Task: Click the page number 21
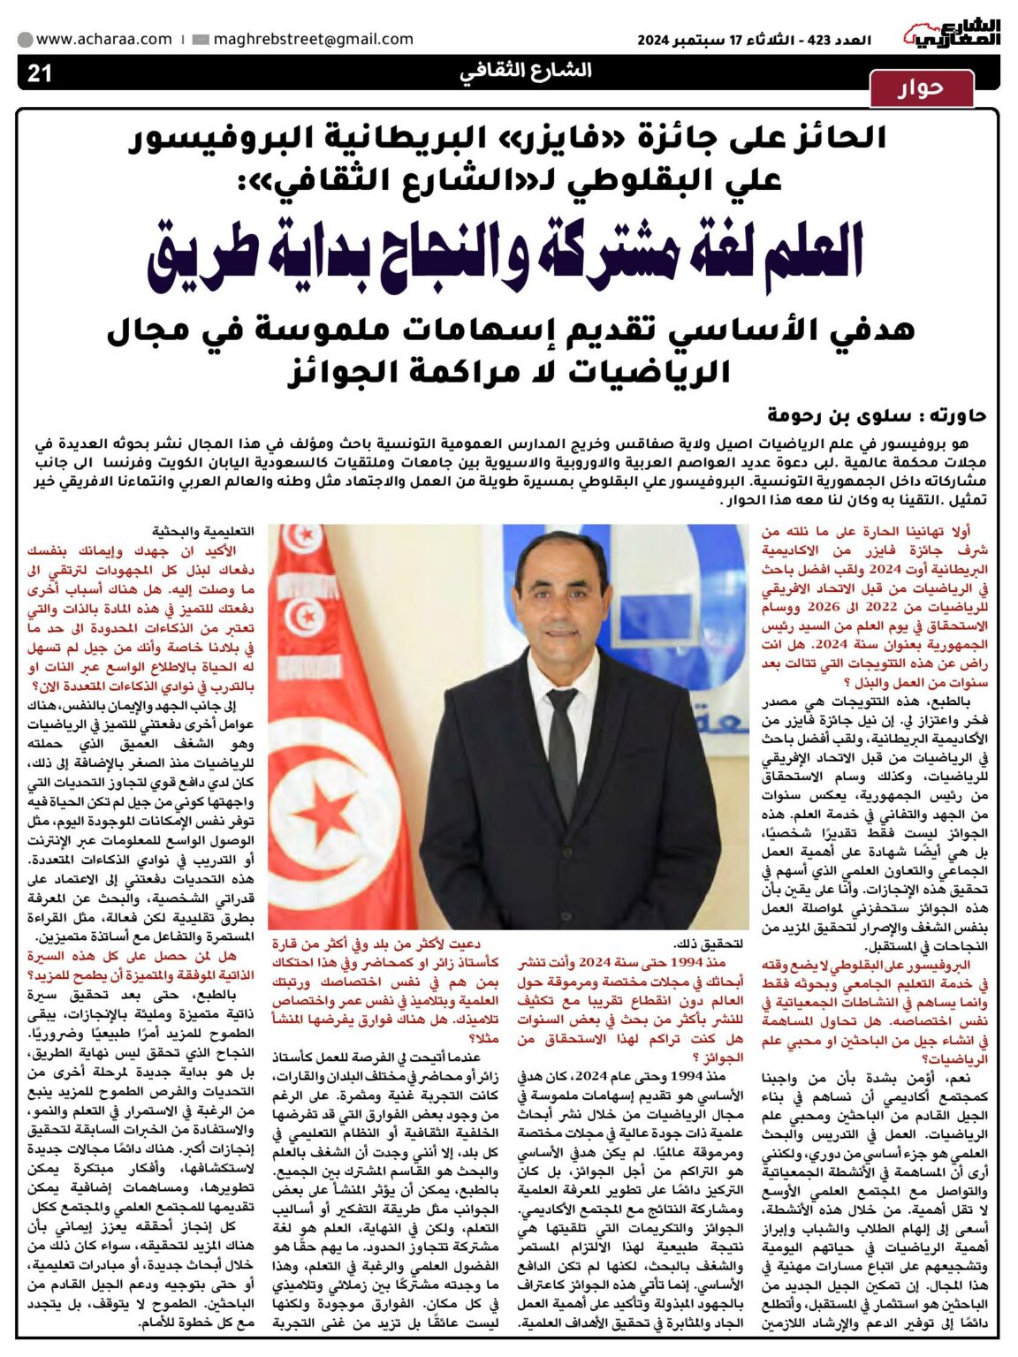click(x=40, y=72)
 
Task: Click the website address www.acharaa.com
click(x=104, y=39)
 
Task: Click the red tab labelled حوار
click(x=921, y=87)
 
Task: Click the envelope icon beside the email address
click(x=201, y=40)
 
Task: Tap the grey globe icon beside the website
click(x=26, y=40)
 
